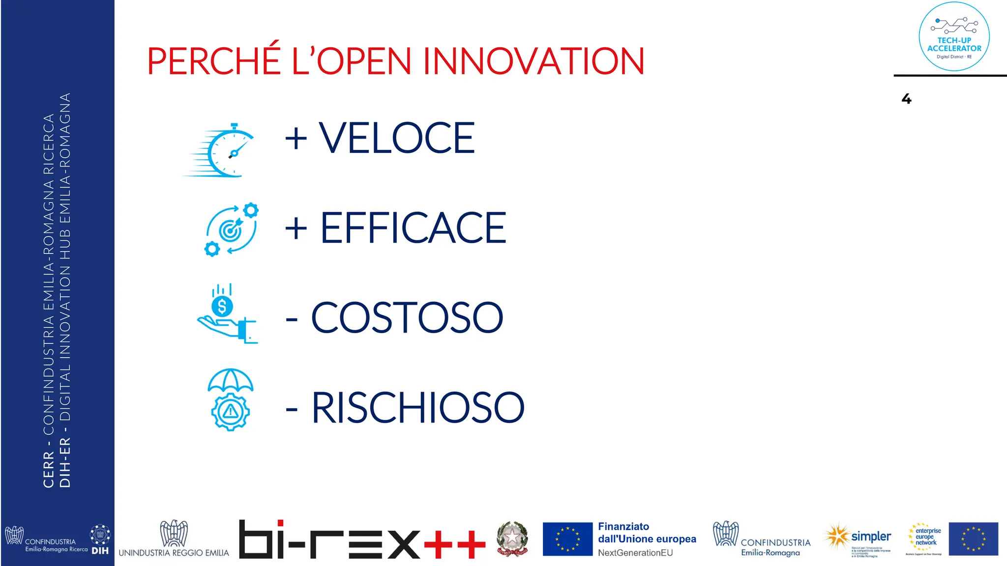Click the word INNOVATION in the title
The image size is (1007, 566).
(x=533, y=61)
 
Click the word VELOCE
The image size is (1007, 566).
(x=396, y=139)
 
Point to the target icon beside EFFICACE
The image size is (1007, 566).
(x=231, y=229)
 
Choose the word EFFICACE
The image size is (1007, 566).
(x=413, y=228)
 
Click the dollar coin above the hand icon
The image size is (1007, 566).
(x=222, y=306)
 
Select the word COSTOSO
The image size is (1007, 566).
(x=407, y=318)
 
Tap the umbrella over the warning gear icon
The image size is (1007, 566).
(x=230, y=380)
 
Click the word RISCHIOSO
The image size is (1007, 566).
(x=418, y=408)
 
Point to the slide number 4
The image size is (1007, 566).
(x=906, y=99)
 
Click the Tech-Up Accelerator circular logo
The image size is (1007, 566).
(x=954, y=37)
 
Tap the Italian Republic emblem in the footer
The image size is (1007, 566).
(x=512, y=538)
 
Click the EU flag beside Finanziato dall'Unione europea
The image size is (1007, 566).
(x=567, y=538)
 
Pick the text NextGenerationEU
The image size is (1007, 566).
(x=635, y=553)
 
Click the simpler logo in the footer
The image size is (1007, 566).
(x=870, y=537)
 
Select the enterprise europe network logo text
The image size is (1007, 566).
(x=927, y=537)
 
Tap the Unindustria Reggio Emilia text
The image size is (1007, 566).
(x=174, y=553)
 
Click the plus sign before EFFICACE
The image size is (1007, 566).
(x=296, y=228)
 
